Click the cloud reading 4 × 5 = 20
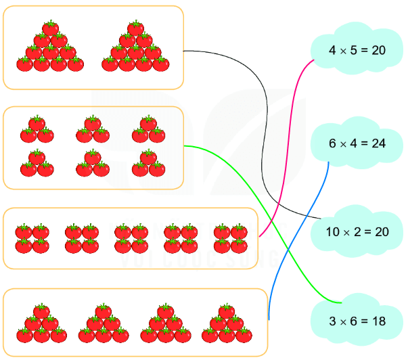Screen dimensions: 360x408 click(x=356, y=50)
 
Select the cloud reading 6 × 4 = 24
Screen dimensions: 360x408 click(x=356, y=143)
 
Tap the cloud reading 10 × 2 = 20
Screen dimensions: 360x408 click(x=356, y=231)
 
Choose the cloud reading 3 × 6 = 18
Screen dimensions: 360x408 click(x=356, y=320)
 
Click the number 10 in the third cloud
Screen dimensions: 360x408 click(x=332, y=232)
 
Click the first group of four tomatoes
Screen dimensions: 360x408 click(x=32, y=239)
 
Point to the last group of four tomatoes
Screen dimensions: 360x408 click(x=230, y=239)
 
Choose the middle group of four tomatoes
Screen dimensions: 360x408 click(x=131, y=239)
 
